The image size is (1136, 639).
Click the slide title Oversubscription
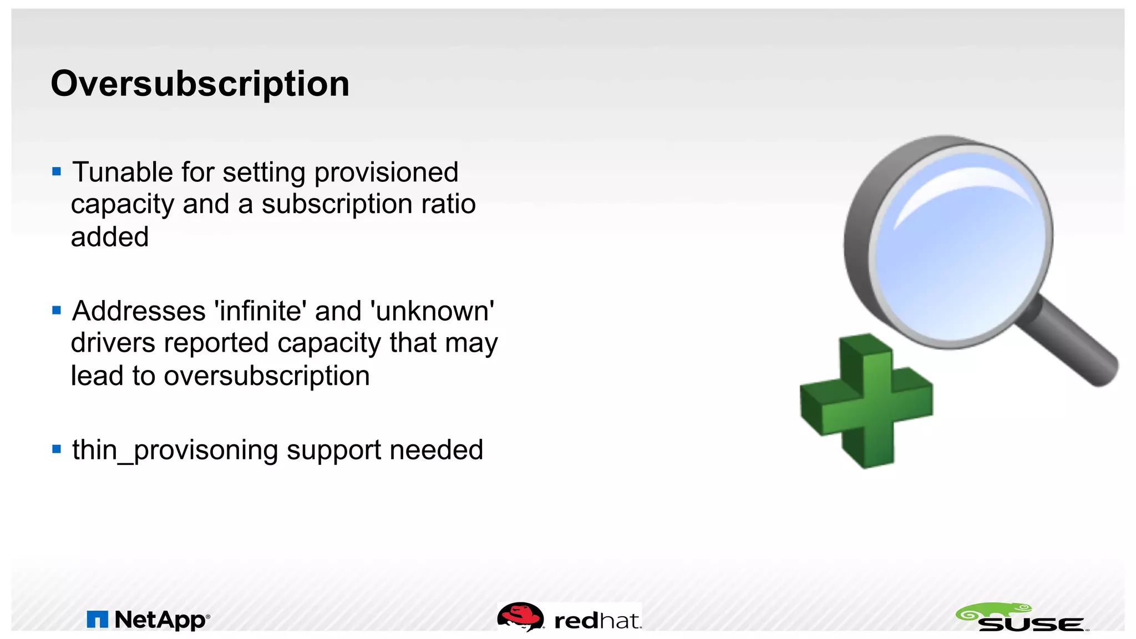200,84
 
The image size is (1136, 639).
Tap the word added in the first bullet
110,237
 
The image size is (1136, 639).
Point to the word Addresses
139,311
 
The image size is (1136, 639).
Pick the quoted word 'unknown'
435,311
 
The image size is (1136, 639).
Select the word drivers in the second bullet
113,343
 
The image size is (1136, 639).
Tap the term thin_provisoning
175,450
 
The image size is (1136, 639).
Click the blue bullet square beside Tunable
57,171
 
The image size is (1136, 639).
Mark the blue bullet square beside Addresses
57,310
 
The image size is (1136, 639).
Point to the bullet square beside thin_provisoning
57,449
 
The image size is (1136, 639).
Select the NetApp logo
149,620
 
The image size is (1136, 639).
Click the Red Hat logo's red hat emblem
520,616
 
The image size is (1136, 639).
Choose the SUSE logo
1022,618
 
